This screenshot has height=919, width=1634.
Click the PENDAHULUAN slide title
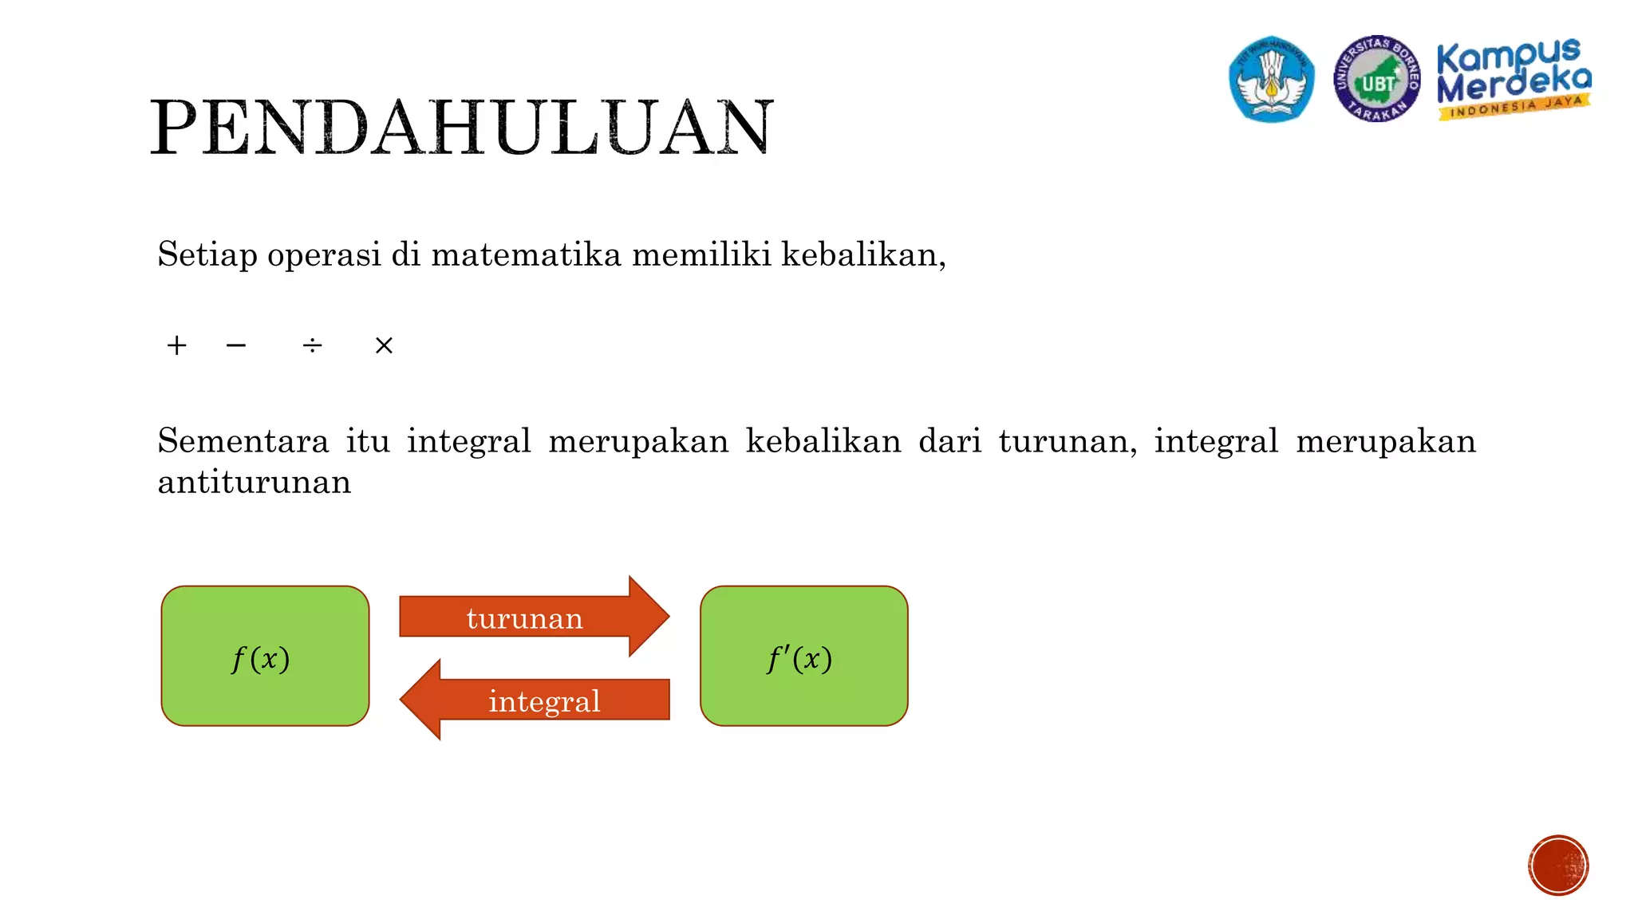pos(461,128)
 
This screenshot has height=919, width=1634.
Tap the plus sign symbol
pos(176,345)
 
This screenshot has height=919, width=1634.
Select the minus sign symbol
pos(236,345)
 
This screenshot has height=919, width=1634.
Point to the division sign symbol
pos(312,345)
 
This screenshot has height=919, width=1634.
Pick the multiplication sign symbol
pos(384,345)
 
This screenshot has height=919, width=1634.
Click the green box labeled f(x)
pos(265,656)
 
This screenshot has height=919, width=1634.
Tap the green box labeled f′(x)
pos(803,656)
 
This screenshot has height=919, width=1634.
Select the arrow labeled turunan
pos(533,617)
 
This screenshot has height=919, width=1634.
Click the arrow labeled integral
pos(535,700)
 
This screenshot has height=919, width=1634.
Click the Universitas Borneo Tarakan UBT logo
pos(1376,79)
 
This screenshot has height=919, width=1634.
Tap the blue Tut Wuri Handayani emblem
pos(1272,79)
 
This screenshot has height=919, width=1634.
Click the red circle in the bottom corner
pos(1558,866)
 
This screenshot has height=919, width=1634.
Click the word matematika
pos(526,254)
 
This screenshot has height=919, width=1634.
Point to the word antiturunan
pos(255,482)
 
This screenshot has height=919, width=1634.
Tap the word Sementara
pos(243,441)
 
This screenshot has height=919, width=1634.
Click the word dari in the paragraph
pos(949,441)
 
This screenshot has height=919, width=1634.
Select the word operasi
pos(324,255)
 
